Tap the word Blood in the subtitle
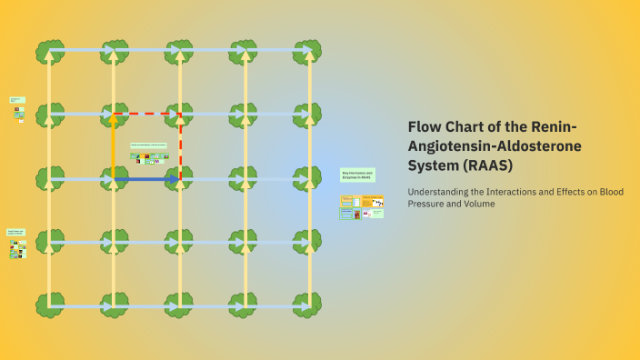pos(610,191)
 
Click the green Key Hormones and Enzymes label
pos(357,175)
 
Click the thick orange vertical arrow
pos(114,145)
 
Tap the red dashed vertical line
pos(180,145)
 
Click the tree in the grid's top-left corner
pos(50,51)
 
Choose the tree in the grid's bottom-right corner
pos(307,305)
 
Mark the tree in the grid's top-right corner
pos(307,51)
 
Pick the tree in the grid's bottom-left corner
pos(50,305)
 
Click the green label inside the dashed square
pos(148,145)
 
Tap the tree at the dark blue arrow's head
pos(180,178)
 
